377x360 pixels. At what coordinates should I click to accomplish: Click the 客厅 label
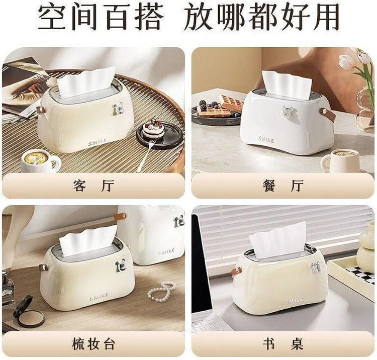pos(93,186)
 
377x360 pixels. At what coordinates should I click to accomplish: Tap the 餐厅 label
pos(282,186)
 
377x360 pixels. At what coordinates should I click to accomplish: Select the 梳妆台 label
pos(93,343)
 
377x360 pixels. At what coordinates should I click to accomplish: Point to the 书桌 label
pos(282,343)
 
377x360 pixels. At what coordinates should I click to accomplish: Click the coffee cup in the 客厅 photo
pos(40,160)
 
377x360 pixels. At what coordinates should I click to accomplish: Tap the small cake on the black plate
pos(153,127)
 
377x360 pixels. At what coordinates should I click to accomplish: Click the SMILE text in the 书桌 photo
pos(294,300)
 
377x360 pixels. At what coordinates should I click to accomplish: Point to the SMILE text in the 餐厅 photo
pos(266,140)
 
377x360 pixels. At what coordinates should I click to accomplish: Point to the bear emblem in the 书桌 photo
pos(315,266)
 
